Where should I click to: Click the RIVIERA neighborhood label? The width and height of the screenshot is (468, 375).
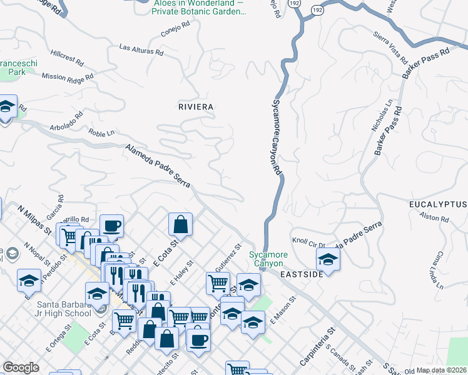(196, 107)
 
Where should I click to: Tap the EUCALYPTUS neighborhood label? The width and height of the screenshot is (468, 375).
(438, 205)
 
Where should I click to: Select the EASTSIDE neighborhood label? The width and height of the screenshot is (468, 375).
(302, 274)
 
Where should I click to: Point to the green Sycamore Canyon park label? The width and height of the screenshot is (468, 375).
(268, 259)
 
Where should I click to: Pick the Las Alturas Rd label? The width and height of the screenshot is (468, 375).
(141, 50)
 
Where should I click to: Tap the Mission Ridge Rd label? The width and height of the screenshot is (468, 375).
(67, 76)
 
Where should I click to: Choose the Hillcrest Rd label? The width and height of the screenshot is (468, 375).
(67, 57)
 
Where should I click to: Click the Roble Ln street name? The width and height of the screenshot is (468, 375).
(102, 133)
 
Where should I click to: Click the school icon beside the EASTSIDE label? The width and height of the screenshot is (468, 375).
(328, 258)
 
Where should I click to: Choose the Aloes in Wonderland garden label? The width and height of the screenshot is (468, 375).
(200, 7)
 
